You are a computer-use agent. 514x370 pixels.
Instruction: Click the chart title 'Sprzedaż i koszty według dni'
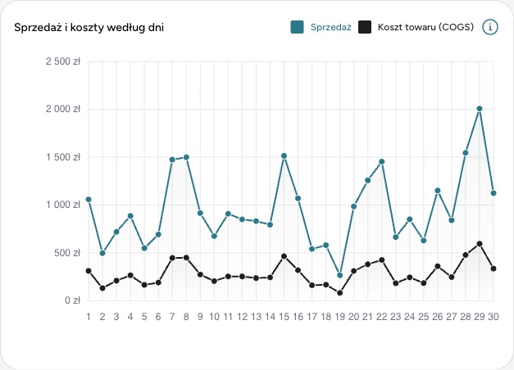click(89, 27)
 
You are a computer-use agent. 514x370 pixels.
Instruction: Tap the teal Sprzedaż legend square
click(297, 27)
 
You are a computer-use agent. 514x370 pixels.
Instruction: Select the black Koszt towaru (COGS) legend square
click(365, 27)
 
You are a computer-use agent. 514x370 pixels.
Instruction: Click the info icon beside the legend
click(490, 27)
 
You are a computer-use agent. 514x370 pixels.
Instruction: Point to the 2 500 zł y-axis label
click(63, 61)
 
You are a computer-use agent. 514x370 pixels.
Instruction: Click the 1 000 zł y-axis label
click(63, 205)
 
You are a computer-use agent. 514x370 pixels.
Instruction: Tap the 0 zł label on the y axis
click(72, 300)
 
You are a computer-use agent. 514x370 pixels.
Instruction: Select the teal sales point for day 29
click(480, 109)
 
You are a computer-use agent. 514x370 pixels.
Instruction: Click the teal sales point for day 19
click(339, 275)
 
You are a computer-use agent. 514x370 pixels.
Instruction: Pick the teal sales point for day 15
click(284, 156)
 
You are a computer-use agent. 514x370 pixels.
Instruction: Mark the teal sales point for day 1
click(89, 200)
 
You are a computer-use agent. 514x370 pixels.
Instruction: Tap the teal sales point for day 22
click(381, 162)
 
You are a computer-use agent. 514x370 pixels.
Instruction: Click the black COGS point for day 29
click(480, 244)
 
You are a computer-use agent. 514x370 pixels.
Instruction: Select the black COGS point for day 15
click(284, 256)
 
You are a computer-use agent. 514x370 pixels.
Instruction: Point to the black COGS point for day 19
click(339, 293)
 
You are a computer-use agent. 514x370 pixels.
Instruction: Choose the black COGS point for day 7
click(172, 258)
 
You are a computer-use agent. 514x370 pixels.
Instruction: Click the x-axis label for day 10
click(214, 317)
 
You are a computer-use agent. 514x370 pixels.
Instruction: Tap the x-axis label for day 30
click(494, 317)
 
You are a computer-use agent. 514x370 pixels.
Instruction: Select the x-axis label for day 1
click(89, 317)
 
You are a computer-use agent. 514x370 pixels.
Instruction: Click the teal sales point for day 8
click(186, 157)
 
